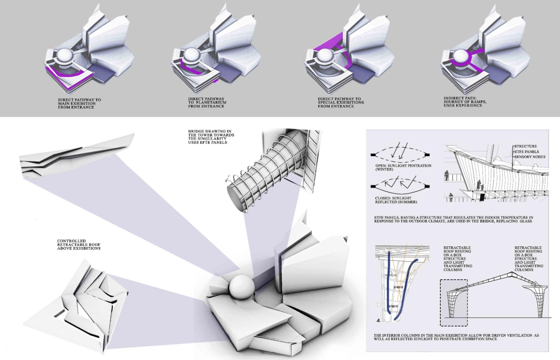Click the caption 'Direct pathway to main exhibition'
[79, 104]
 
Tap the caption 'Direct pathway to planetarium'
[207, 103]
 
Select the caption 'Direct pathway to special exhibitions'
[341, 103]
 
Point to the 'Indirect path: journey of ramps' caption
[465, 102]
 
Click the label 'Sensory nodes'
[530, 157]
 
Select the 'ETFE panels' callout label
[526, 151]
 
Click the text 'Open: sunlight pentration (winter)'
[403, 167]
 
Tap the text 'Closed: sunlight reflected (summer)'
[396, 200]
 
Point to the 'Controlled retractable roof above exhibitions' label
[79, 245]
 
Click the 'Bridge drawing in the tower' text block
[211, 137]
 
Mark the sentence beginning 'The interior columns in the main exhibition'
[456, 337]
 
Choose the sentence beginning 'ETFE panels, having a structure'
[453, 219]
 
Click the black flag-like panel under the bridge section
[482, 197]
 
